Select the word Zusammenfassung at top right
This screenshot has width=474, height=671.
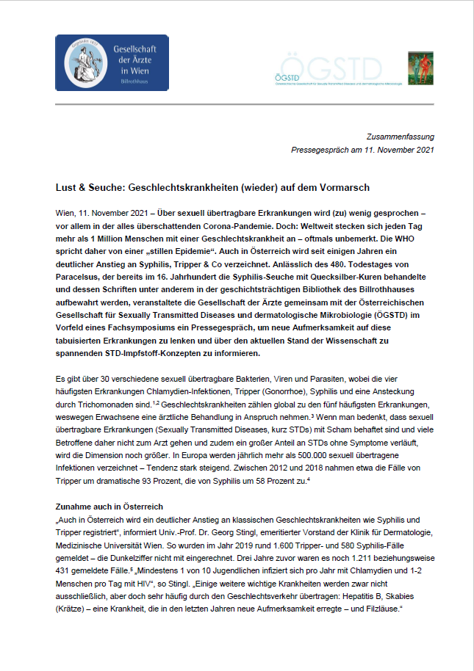pyautogui.click(x=401, y=137)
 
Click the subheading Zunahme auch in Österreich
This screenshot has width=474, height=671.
pyautogui.click(x=109, y=507)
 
